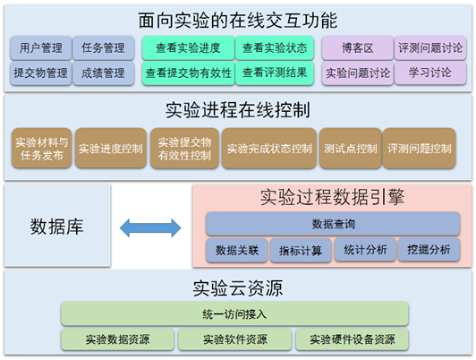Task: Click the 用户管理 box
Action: click(x=41, y=47)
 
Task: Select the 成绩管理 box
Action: click(x=103, y=73)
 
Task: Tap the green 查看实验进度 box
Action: click(x=188, y=47)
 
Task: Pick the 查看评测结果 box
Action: click(x=275, y=73)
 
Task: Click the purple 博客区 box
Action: click(x=358, y=47)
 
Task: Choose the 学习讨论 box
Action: click(x=430, y=73)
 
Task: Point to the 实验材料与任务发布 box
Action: click(x=42, y=149)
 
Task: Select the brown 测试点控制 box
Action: click(x=351, y=149)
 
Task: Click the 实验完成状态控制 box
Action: click(x=269, y=149)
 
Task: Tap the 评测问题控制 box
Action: click(x=420, y=149)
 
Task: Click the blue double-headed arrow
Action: click(x=150, y=227)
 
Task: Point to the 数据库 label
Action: click(x=56, y=227)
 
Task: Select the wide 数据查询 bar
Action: click(x=333, y=224)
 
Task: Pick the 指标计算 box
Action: click(x=301, y=251)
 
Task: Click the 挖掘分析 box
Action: click(x=429, y=250)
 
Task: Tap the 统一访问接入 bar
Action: click(x=234, y=313)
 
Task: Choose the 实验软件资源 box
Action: click(x=235, y=339)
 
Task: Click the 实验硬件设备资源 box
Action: click(x=353, y=339)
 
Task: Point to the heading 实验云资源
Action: click(x=238, y=288)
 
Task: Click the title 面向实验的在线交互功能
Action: click(x=238, y=21)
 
